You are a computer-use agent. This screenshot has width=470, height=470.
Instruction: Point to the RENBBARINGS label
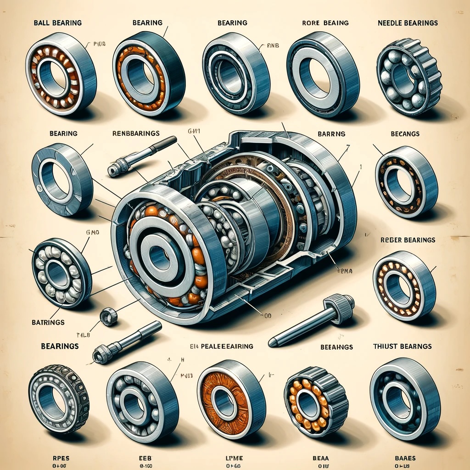point(136,134)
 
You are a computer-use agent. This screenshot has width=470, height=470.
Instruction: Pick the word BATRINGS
point(48,323)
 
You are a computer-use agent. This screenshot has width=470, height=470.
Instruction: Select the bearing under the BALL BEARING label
point(60,73)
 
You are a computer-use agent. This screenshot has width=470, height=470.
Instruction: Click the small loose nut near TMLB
point(109,317)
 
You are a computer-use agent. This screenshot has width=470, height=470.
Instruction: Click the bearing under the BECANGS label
point(406,181)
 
